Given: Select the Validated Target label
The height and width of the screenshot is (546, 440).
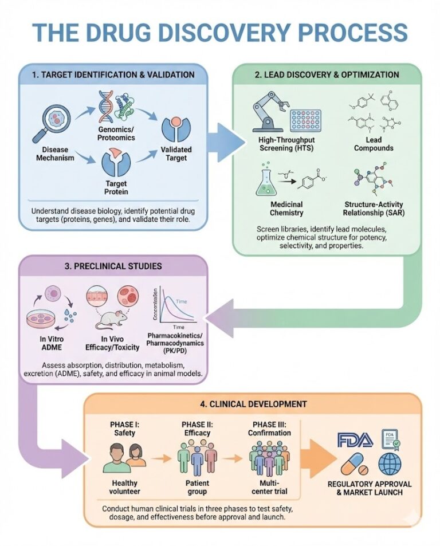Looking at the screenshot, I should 176,154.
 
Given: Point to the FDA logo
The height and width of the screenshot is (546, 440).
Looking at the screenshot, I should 355,440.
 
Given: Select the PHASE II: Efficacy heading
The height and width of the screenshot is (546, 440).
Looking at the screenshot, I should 197,429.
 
